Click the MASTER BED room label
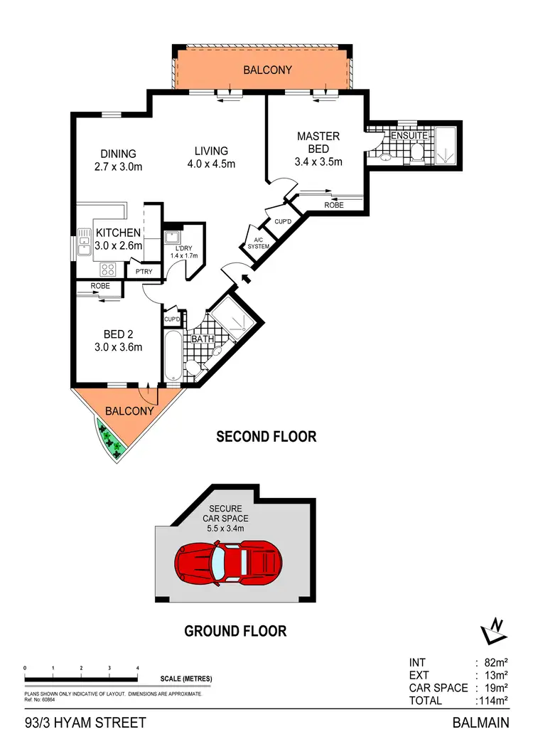click(x=318, y=142)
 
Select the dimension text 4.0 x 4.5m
click(x=211, y=164)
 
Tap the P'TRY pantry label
click(x=136, y=271)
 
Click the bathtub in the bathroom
click(x=173, y=354)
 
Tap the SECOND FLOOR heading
click(x=266, y=437)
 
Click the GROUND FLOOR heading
click(x=235, y=630)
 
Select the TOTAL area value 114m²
click(x=494, y=701)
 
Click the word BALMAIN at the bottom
click(x=480, y=723)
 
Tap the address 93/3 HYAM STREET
click(x=85, y=723)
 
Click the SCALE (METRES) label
click(x=186, y=679)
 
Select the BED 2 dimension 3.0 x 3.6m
click(x=119, y=348)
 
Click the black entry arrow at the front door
click(x=247, y=279)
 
